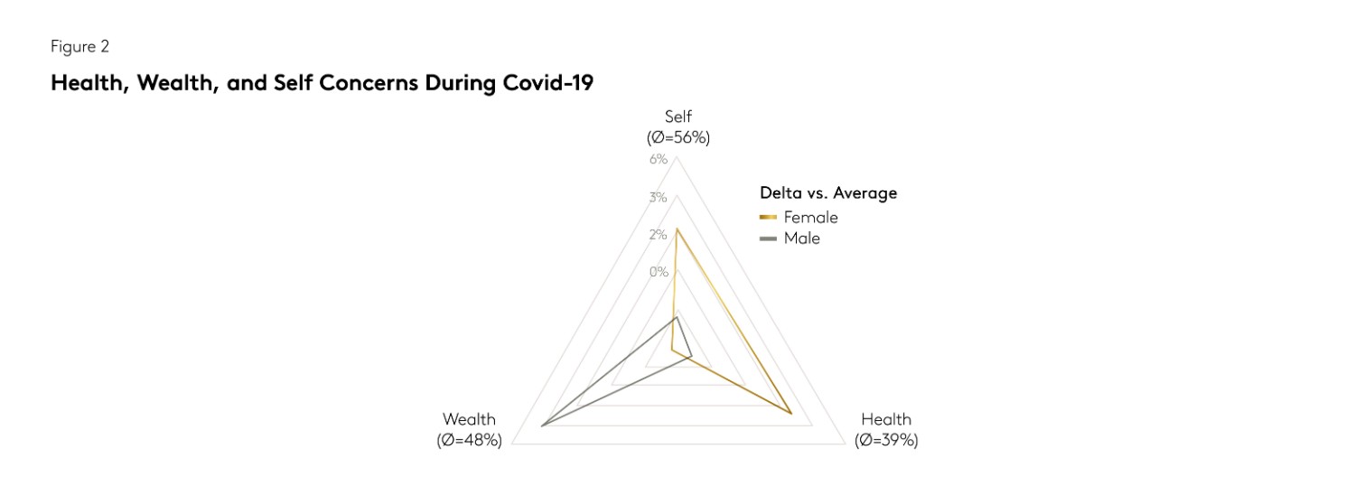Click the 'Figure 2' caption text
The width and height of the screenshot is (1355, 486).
[x=79, y=47]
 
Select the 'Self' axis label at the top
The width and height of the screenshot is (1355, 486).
[x=678, y=117]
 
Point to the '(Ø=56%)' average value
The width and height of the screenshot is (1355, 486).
[x=678, y=137]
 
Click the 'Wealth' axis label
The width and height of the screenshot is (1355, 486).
[x=469, y=419]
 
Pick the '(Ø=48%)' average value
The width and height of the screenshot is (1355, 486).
[x=469, y=441]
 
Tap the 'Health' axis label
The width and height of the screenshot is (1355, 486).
[x=886, y=419]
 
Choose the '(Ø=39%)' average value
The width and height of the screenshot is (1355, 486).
[x=886, y=441]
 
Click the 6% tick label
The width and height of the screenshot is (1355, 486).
[x=658, y=160]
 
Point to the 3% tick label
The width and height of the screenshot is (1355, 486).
[x=658, y=198]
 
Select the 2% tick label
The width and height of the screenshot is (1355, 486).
[x=658, y=235]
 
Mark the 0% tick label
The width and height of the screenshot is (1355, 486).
[x=658, y=272]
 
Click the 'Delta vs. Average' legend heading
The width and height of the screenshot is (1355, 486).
[x=828, y=192]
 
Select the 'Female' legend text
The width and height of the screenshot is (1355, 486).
[x=810, y=218]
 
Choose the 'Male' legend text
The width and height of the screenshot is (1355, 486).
[x=801, y=238]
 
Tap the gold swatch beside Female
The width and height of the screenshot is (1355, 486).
[x=769, y=218]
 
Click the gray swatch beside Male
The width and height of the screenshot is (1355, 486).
[x=769, y=238]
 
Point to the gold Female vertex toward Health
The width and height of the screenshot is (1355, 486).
[x=791, y=414]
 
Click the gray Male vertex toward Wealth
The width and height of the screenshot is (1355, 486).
[x=541, y=425]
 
